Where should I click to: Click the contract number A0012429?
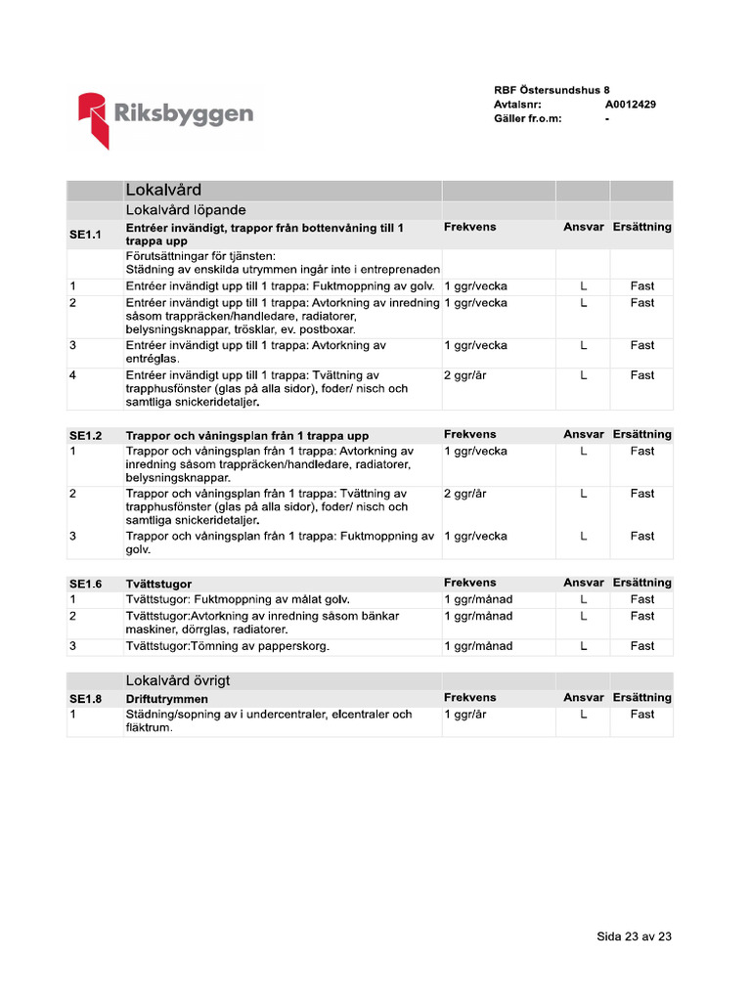coord(630,104)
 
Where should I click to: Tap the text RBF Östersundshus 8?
coord(552,90)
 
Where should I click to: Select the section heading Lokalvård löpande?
coord(186,210)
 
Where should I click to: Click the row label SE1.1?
coord(85,235)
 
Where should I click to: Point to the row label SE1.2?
coord(85,435)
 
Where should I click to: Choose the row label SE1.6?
coord(85,584)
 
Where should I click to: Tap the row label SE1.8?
coord(85,699)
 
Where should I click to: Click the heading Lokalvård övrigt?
coord(178,680)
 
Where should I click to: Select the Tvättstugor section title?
coord(158,584)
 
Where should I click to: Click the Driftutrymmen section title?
coord(167,699)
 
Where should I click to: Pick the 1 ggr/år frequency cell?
coord(465,715)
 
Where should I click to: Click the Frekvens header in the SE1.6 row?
coord(469,583)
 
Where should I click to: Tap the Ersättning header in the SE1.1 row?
coord(641,227)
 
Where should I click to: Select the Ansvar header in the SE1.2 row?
coord(583,434)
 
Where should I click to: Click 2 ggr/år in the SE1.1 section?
coord(465,375)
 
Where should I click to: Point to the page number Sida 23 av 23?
coord(634,936)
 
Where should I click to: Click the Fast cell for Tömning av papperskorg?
coord(641,646)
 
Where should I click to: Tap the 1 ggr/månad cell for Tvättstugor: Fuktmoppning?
coord(478,599)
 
